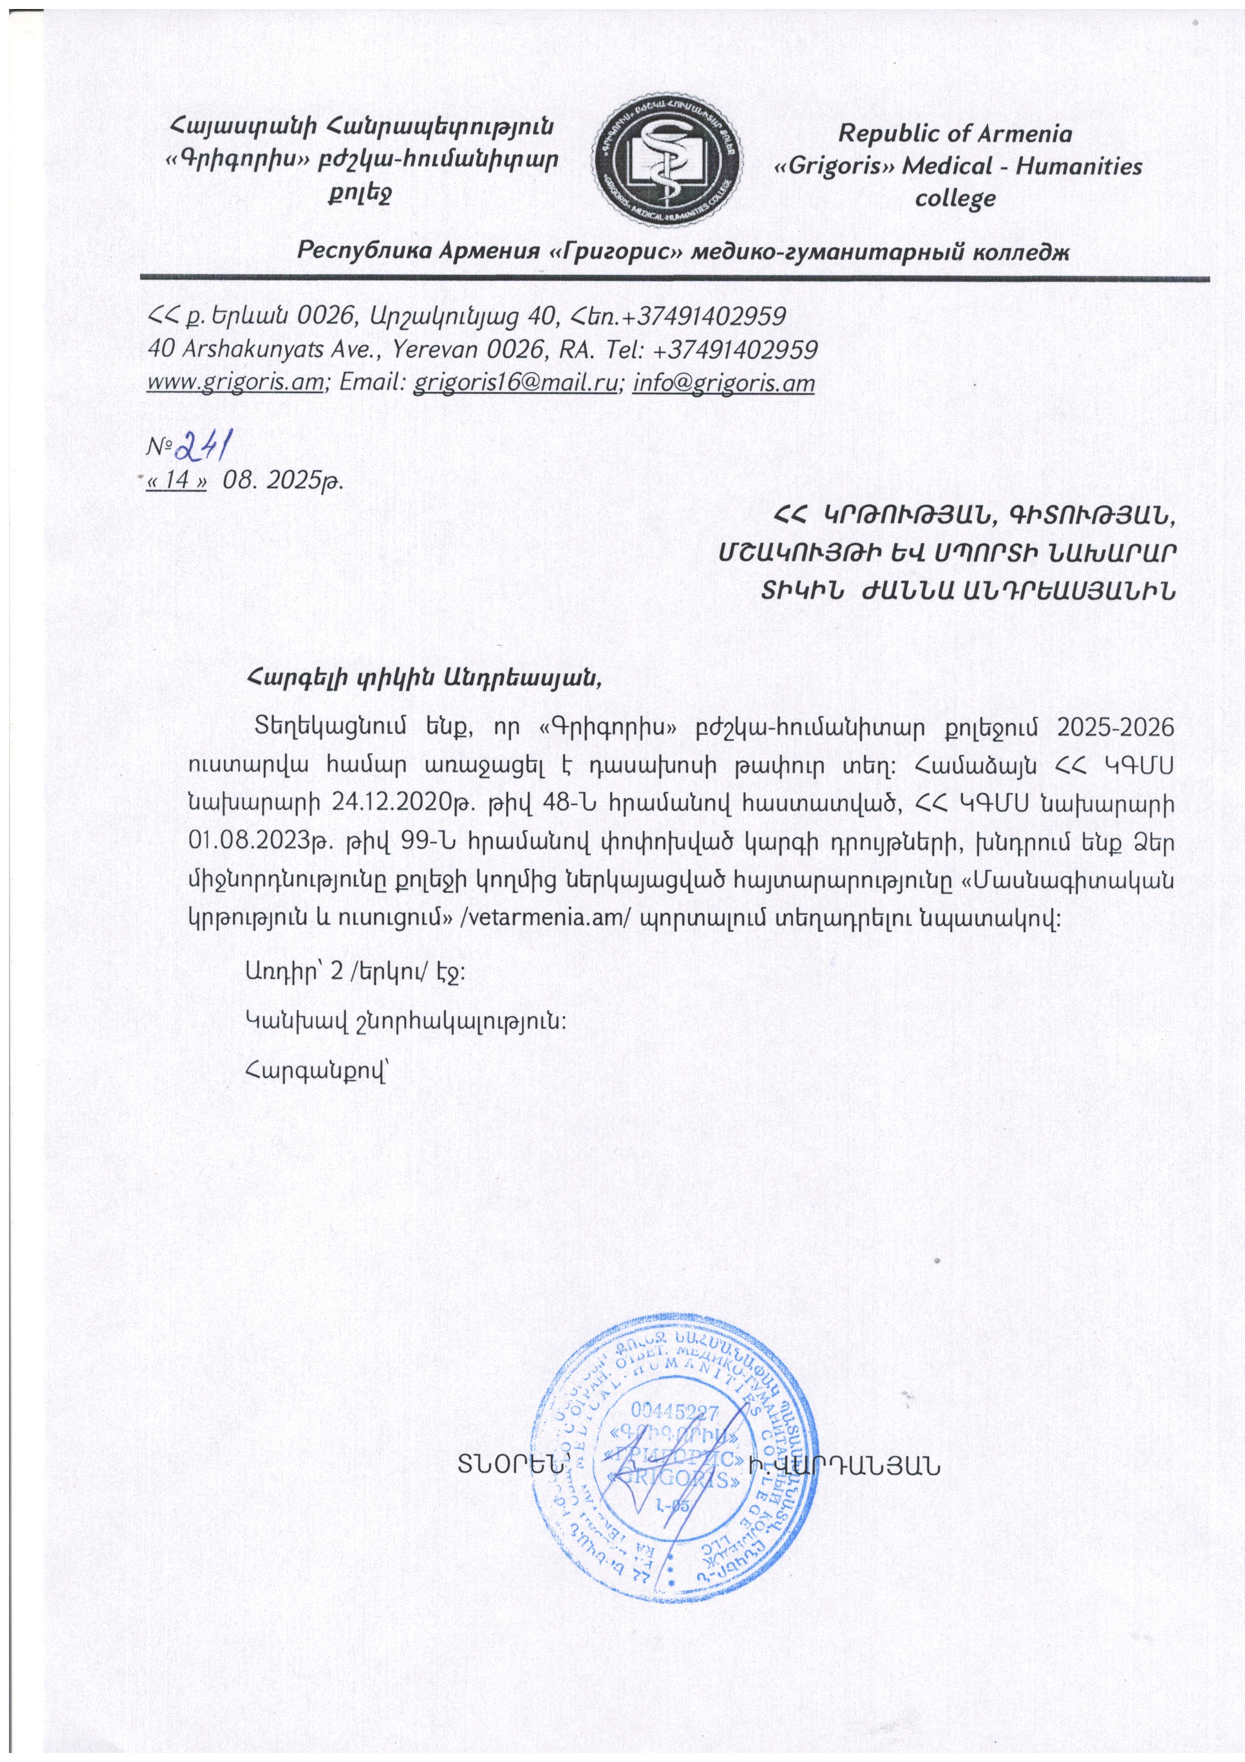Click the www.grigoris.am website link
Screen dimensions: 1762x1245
point(235,382)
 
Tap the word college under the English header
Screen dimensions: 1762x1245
point(955,199)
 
